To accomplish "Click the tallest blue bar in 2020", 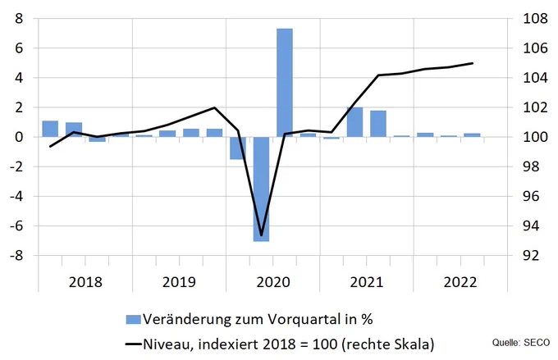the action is (285, 83).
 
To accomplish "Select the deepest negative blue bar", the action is (261, 189).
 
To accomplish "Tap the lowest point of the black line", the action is (261, 235).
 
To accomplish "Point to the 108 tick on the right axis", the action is (535, 19).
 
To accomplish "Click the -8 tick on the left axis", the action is (16, 255).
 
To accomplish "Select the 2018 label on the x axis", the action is (85, 282).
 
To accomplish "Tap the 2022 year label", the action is (460, 282).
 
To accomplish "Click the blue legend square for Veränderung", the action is (134, 320).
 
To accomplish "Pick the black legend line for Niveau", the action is (134, 344).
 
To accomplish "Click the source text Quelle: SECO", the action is (521, 343).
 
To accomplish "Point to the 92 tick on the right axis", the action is (531, 255).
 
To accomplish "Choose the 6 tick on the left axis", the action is (19, 48).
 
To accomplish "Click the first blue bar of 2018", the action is (50, 129).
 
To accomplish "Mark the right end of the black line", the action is (472, 63).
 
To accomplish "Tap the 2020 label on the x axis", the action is (273, 282).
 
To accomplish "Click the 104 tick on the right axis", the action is (535, 78).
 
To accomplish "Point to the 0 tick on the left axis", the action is (19, 137).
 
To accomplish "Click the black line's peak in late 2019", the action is (214, 107).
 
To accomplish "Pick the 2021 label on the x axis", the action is (367, 282).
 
